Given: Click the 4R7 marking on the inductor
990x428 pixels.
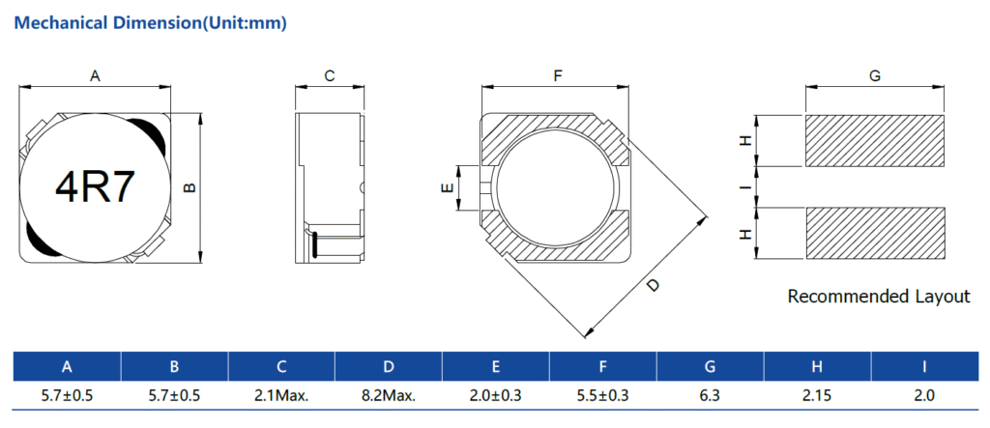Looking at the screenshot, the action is [96, 187].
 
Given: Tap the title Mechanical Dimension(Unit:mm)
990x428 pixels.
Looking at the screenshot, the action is [150, 23].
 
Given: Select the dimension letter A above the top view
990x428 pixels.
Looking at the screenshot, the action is [96, 76].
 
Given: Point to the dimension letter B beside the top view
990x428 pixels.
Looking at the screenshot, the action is [189, 187].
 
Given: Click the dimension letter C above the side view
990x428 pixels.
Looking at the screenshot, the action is [329, 76].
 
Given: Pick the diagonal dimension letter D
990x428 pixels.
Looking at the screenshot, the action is [654, 285].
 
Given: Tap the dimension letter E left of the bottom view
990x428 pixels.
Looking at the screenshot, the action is [447, 188].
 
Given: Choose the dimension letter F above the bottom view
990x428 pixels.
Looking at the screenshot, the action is [558, 76].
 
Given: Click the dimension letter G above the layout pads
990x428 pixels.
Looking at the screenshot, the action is [874, 76].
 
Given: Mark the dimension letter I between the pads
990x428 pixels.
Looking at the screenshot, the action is [746, 187].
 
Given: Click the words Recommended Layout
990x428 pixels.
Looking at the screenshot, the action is [879, 296].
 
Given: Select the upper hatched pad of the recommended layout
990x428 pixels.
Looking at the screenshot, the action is [875, 141].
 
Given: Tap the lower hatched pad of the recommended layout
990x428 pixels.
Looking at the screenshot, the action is [875, 233].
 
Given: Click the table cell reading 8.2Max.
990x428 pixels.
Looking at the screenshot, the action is [389, 396].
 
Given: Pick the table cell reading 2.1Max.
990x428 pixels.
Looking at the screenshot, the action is [281, 396].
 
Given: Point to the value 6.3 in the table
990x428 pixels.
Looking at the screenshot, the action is [711, 396].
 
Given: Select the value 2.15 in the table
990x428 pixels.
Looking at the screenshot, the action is [817, 396].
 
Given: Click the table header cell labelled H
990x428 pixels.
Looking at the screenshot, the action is [817, 367].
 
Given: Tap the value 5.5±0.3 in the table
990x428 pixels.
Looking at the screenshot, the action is [603, 396].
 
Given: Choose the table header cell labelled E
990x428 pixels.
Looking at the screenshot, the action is [496, 367].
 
